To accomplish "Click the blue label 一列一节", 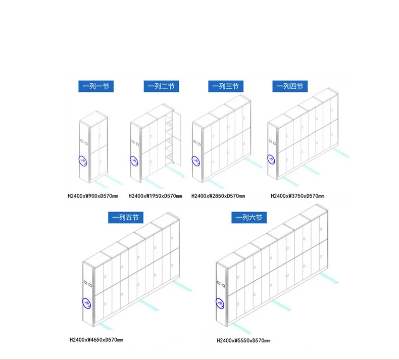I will click(95, 86).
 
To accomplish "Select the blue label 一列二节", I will click(161, 86).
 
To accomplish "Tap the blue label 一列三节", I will click(226, 86).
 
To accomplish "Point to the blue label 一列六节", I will click(249, 218).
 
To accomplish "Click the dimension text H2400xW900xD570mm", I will click(93, 195).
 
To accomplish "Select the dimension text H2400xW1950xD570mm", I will click(155, 195).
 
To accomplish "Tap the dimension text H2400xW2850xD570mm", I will click(218, 195).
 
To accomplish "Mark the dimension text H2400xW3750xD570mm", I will click(297, 195).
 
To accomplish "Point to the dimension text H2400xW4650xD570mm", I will click(96, 340).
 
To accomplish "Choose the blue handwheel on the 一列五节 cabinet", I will click(87, 302).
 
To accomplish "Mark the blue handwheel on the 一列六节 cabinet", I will click(220, 303).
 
